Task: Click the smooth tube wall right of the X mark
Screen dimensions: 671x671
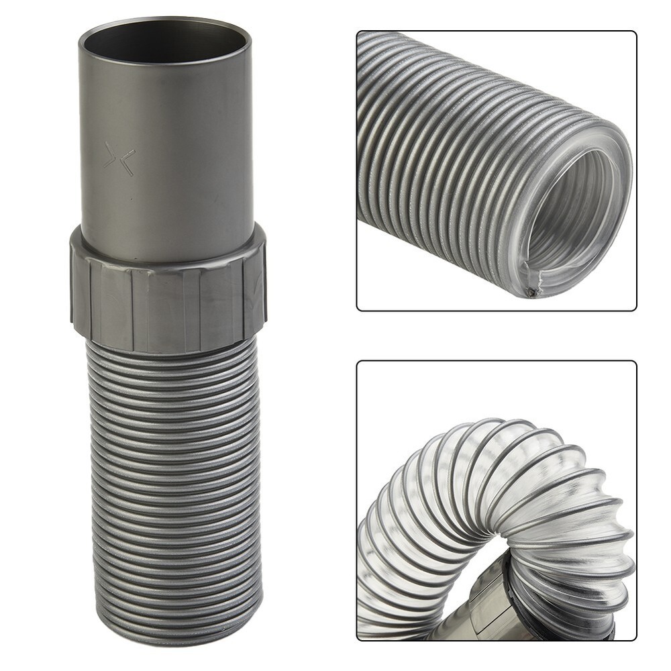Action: (195, 161)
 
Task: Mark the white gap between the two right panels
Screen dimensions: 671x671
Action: (497, 335)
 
